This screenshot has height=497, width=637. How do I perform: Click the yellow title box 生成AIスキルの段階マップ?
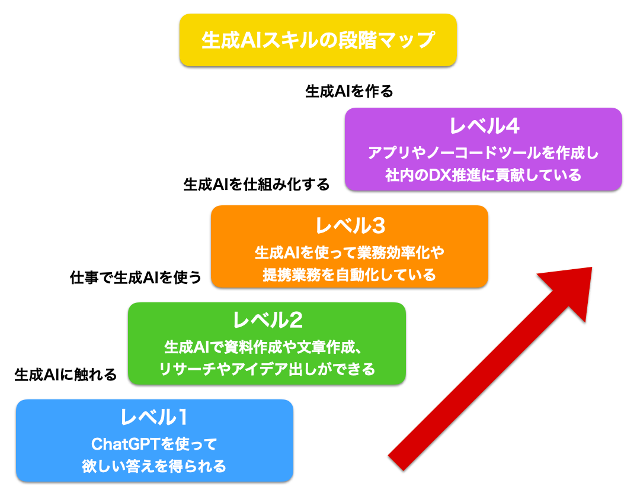click(318, 40)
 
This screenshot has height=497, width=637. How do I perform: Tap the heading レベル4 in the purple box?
click(484, 127)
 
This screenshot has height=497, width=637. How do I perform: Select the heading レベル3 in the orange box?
click(350, 225)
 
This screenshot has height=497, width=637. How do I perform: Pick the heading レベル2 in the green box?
click(267, 321)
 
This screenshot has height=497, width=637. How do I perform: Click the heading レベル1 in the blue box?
click(154, 418)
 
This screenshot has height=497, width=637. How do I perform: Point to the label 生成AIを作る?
click(349, 91)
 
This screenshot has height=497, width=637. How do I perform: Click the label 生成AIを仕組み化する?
click(257, 184)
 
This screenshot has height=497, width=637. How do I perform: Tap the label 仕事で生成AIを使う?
click(136, 276)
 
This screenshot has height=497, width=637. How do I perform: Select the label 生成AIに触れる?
click(65, 374)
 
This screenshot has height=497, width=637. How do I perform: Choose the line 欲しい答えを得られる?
click(154, 466)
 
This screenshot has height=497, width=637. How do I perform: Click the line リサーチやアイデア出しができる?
click(267, 370)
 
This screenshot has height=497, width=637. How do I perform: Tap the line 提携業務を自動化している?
click(349, 275)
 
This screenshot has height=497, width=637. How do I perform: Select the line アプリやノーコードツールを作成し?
click(483, 153)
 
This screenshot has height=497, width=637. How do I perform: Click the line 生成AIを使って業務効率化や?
click(349, 252)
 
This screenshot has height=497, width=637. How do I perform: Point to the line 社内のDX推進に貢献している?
click(483, 176)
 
